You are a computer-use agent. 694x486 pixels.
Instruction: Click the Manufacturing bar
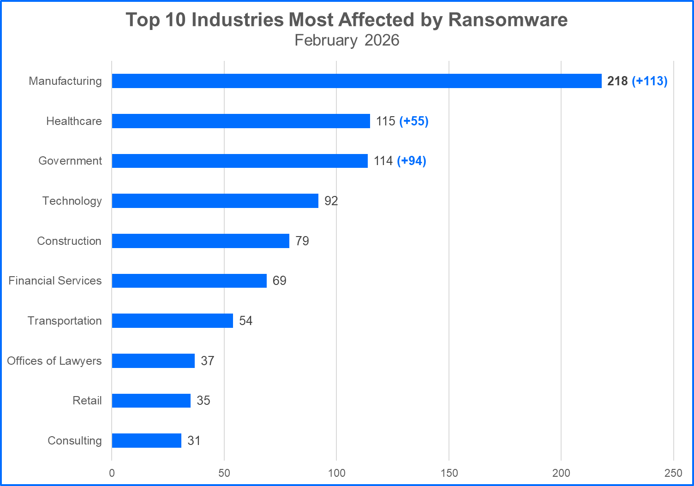coord(356,81)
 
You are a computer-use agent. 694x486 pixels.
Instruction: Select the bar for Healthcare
coord(241,121)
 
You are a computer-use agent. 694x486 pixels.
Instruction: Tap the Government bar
coord(239,161)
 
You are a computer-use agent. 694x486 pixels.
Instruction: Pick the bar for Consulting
coord(146,440)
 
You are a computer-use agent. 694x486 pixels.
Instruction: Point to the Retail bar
coord(151,401)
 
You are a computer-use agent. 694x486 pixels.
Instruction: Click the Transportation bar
coord(172,320)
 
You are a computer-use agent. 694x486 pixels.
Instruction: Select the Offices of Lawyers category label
coord(54,361)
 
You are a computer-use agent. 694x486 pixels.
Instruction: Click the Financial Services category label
coord(55,280)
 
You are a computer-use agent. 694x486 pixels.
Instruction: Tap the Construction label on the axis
coord(69,241)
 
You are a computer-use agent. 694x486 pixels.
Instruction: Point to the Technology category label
coord(72,201)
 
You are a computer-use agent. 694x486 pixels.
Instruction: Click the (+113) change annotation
coord(650,81)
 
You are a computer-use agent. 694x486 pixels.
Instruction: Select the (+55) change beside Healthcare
coord(414,121)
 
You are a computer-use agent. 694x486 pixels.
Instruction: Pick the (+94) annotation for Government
coord(412,161)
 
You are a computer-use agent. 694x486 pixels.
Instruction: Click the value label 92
coord(331,201)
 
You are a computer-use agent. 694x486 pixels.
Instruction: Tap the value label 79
coord(302,241)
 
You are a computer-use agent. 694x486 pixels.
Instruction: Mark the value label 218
coord(617,81)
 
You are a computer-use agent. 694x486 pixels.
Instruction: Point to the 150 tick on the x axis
coord(449,473)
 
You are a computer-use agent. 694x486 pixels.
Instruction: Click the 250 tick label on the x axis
coord(673,473)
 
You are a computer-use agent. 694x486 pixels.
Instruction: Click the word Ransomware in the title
coord(508,20)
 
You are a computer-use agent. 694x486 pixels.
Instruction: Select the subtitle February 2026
coord(347,40)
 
